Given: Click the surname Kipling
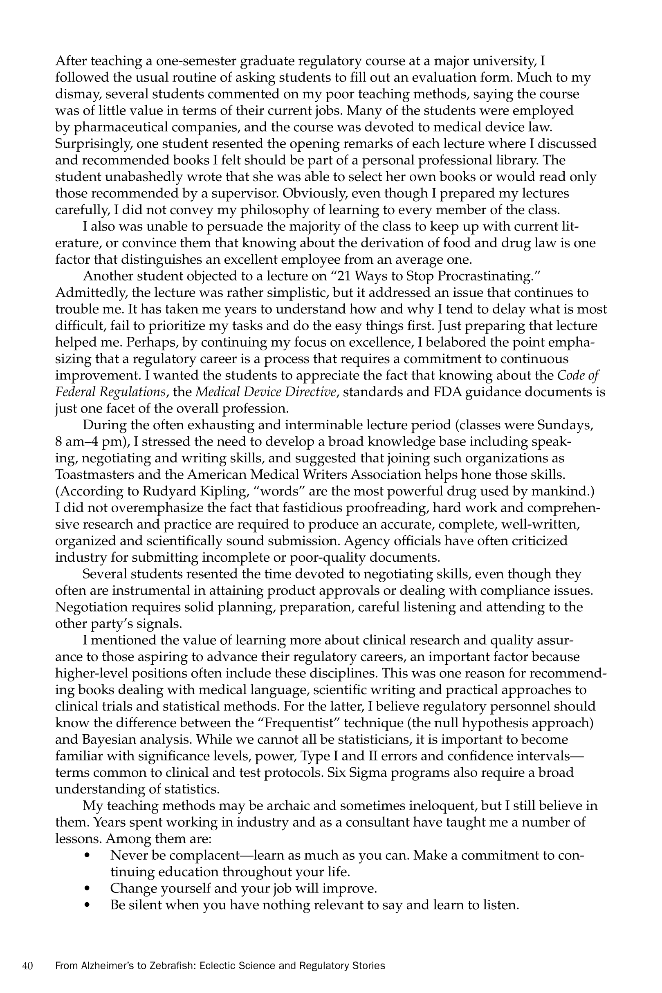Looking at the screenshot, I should click(231, 492).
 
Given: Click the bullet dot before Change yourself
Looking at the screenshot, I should click(87, 888).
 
